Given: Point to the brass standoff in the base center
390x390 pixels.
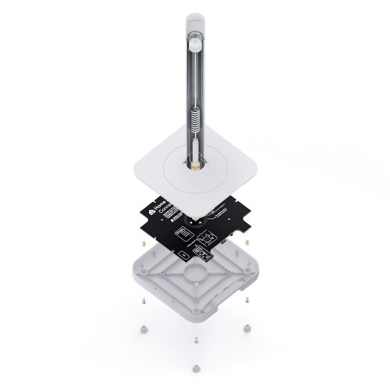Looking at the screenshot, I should [x=195, y=281].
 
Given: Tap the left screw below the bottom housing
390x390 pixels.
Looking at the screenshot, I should [x=142, y=301].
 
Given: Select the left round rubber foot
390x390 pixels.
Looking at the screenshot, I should [x=143, y=328].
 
